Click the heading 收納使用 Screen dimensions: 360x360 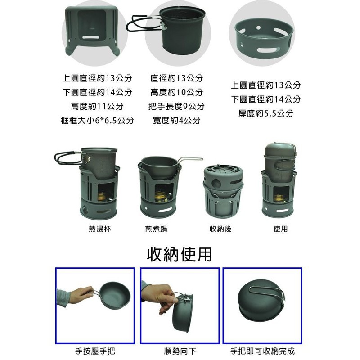(x=179, y=255)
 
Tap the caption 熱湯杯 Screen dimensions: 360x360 (x=100, y=229)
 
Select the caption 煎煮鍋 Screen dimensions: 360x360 (x=156, y=229)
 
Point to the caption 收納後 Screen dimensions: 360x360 (x=220, y=229)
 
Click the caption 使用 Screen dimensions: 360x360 (x=280, y=229)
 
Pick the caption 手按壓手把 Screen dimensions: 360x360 (x=95, y=351)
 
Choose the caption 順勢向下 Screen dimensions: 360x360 (x=180, y=351)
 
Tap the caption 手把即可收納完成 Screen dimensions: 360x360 (x=262, y=351)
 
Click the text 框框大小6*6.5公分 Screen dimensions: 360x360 (x=97, y=121)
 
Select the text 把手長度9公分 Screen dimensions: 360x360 (x=176, y=106)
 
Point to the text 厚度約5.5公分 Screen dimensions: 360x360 (x=266, y=113)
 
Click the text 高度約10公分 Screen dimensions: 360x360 (x=176, y=92)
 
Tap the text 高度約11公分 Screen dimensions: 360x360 (x=97, y=106)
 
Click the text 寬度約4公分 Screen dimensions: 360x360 (x=176, y=121)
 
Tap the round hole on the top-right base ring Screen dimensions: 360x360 (x=258, y=28)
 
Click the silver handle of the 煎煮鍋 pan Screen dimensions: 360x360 (x=191, y=158)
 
